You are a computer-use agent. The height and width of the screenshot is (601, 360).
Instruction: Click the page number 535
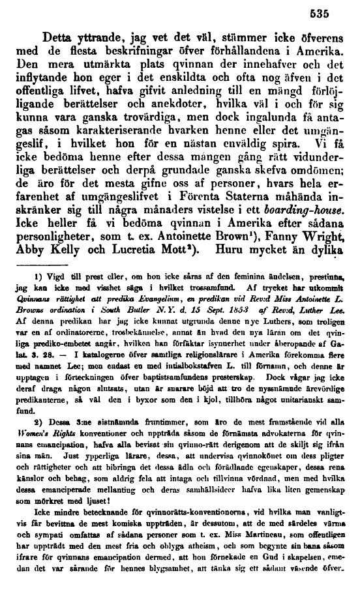336,10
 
